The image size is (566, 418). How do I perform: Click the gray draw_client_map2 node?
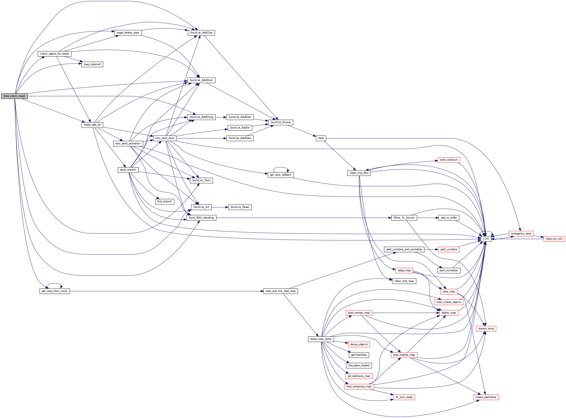[14, 96]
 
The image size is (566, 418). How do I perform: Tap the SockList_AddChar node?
[201, 33]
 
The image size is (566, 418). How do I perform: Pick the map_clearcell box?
[92, 64]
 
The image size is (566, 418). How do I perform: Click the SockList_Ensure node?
[281, 122]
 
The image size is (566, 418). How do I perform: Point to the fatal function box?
[321, 138]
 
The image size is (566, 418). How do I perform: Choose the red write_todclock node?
[448, 160]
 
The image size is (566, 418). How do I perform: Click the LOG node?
[486, 239]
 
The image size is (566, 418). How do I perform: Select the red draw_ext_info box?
[554, 239]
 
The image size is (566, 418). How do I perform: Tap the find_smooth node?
[164, 201]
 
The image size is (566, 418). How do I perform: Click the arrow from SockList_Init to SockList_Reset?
[220, 207]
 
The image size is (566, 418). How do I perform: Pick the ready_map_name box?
[321, 339]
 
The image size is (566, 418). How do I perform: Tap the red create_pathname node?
[486, 397]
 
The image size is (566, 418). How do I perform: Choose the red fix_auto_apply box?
[404, 397]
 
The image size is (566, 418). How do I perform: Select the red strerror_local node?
[486, 328]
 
